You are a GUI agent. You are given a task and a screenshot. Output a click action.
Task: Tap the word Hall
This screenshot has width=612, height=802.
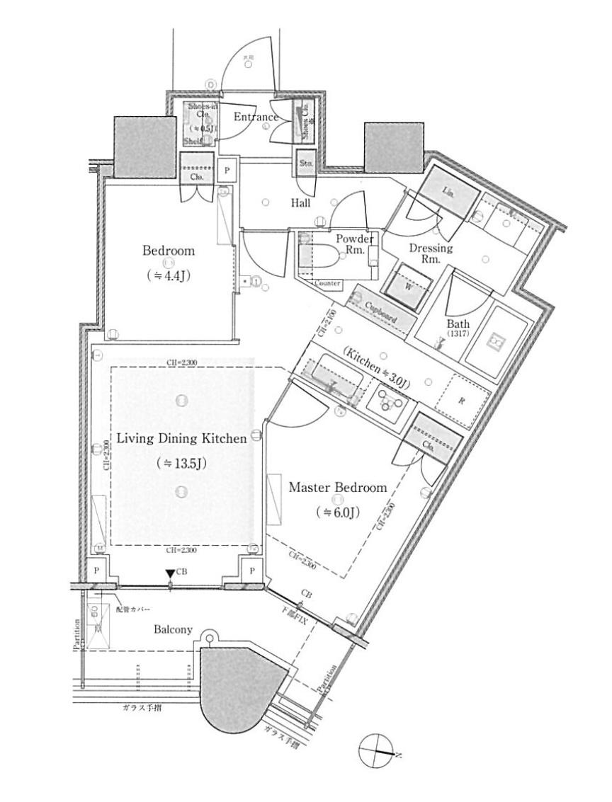pyautogui.click(x=300, y=202)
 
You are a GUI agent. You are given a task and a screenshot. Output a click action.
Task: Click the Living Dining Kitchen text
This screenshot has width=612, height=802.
pyautogui.click(x=181, y=438)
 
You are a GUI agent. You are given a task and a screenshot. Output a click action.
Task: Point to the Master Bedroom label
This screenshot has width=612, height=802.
pyautogui.click(x=338, y=487)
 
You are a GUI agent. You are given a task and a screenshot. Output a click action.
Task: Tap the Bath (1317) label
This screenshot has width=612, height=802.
pyautogui.click(x=458, y=328)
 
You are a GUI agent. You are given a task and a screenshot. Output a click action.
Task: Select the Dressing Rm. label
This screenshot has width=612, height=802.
pyautogui.click(x=431, y=253)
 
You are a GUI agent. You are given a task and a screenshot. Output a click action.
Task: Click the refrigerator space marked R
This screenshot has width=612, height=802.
pyautogui.click(x=461, y=401)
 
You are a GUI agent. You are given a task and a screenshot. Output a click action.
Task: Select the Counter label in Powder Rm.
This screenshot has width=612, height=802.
pyautogui.click(x=327, y=283)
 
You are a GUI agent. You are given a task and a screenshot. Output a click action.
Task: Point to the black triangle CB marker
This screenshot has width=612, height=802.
pyautogui.click(x=170, y=573)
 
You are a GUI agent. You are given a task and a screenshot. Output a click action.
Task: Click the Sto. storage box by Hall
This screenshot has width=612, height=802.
pyautogui.click(x=305, y=164)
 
